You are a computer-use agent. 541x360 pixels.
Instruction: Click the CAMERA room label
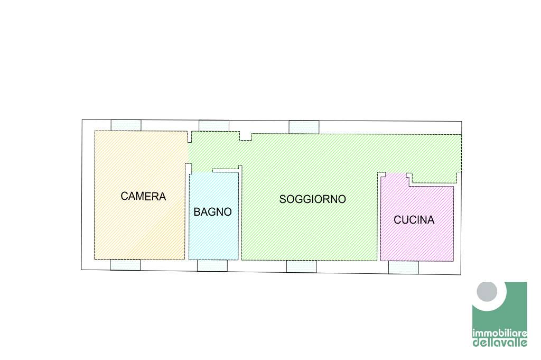(x=143, y=196)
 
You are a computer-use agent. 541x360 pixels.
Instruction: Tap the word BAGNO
(x=212, y=212)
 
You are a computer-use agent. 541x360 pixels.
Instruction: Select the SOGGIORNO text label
(x=312, y=199)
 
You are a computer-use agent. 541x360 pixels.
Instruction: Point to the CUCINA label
(x=414, y=220)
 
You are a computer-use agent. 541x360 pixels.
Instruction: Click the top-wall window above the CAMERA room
(x=126, y=125)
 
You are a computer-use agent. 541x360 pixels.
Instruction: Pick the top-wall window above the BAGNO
(x=213, y=126)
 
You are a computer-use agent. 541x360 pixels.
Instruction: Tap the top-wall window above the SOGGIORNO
(x=304, y=127)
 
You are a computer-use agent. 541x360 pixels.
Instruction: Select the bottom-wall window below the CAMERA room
(x=125, y=264)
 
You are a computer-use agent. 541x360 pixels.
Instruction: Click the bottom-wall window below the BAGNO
(x=212, y=265)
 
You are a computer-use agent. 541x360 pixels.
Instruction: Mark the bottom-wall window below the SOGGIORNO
(x=301, y=266)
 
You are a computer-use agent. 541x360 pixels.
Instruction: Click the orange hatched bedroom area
(x=140, y=227)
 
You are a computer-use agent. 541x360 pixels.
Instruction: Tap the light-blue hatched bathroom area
(x=213, y=238)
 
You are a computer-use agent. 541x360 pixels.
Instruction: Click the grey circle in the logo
(x=487, y=292)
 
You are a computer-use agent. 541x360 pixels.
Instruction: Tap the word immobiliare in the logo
(x=499, y=334)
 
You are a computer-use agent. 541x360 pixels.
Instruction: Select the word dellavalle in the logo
(x=499, y=343)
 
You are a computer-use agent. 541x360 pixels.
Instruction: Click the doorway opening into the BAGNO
(x=201, y=172)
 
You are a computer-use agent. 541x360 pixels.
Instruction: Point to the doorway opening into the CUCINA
(x=394, y=174)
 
